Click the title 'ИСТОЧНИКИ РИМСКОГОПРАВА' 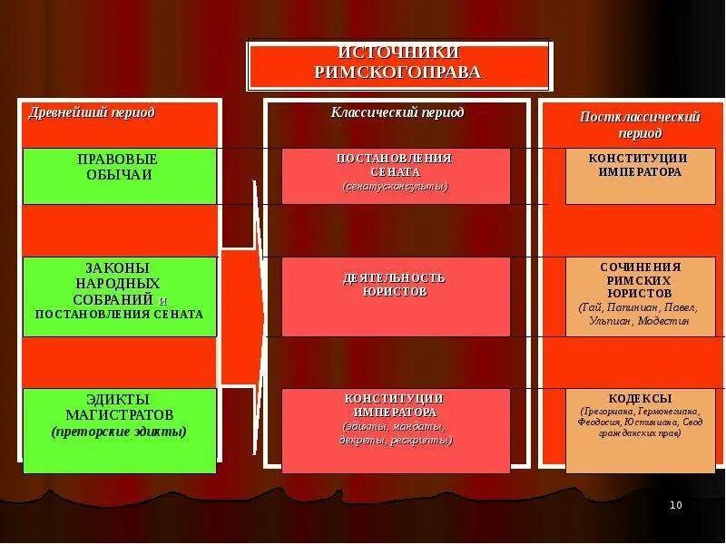pos(398,63)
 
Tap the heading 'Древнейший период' pos(92,112)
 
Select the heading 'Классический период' pos(397,112)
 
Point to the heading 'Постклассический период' pos(640,125)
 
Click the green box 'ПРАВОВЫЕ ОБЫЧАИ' pos(120,176)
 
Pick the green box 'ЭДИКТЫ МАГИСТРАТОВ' pos(120,431)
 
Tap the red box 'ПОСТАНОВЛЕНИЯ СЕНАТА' pos(396,176)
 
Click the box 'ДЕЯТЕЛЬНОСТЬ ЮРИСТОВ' pos(396,296)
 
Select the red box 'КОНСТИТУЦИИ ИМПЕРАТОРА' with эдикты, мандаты pos(396,431)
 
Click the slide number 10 pos(675,505)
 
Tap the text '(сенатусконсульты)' pos(396,186)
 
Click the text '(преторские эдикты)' pos(119,432)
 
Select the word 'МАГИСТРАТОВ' pos(119,414)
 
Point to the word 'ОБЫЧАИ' pos(119,175)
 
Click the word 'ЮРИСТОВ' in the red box pos(396,292)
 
